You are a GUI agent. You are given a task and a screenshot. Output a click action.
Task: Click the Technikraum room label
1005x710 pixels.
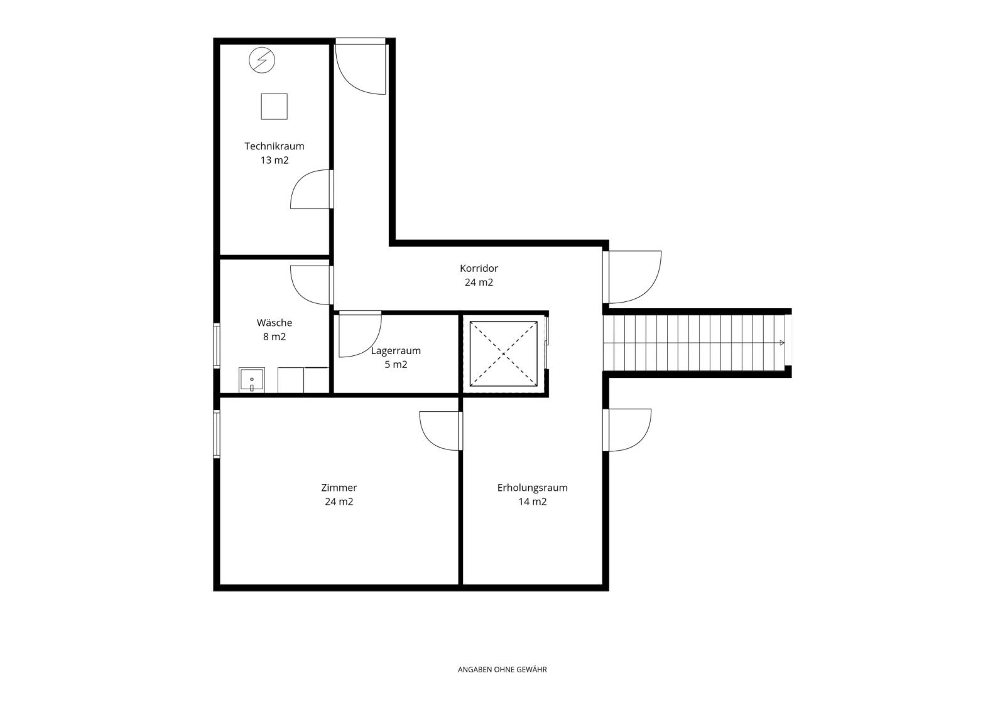coord(274,146)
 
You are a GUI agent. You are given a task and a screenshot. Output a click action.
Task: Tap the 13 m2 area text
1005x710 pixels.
coord(274,160)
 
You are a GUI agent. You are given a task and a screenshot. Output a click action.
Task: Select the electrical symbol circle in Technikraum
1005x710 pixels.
coord(262,60)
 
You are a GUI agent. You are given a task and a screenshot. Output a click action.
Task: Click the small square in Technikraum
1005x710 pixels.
coord(274,106)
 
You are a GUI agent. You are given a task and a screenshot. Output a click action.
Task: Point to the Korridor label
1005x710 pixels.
coord(479,268)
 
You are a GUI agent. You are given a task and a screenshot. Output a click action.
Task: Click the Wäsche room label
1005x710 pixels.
coord(274,323)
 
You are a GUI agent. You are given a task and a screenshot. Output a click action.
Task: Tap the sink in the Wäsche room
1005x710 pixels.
coord(252,379)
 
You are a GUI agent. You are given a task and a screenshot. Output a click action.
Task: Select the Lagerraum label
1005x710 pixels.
coord(396,351)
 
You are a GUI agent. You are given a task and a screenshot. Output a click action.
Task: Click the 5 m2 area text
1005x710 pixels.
coord(396,365)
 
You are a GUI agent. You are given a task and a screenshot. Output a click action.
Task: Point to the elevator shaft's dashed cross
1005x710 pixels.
coord(503,353)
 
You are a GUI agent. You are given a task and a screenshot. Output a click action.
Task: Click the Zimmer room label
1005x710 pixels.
coord(339,488)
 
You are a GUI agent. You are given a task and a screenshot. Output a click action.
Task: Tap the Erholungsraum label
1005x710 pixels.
coord(532,488)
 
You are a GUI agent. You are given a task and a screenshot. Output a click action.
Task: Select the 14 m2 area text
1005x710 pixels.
coord(533,502)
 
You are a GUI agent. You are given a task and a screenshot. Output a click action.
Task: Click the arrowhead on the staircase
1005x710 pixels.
coord(782,343)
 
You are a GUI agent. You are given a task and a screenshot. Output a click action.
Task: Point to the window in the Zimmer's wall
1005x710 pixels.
coord(217,434)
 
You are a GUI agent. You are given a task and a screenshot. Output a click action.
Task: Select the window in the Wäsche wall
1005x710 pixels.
coord(217,346)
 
